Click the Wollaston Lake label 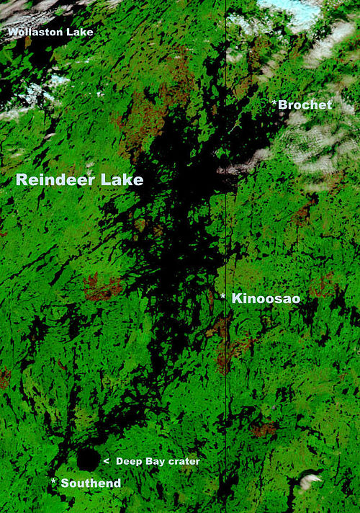pyautogui.click(x=50, y=32)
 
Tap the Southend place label pyautogui.click(x=91, y=483)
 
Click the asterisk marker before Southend pyautogui.click(x=53, y=481)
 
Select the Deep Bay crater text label pyautogui.click(x=158, y=461)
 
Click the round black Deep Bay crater pyautogui.click(x=88, y=458)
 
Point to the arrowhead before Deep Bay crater pyautogui.click(x=107, y=460)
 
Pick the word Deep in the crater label pyautogui.click(x=128, y=461)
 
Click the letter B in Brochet pyautogui.click(x=283, y=105)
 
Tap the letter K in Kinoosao pyautogui.click(x=237, y=298)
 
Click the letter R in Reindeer pyautogui.click(x=22, y=180)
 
